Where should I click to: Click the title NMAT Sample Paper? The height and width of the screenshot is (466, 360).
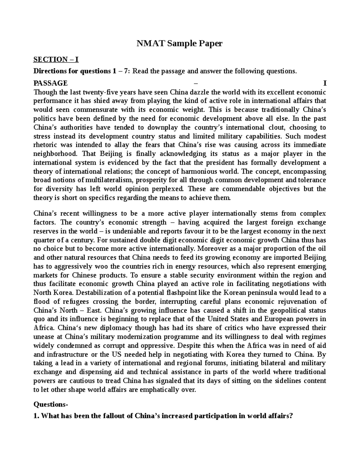180,44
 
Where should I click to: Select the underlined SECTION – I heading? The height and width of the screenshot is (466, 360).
56,60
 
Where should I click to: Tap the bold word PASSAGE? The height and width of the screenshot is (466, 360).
50,83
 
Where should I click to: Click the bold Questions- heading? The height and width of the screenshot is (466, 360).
51,404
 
